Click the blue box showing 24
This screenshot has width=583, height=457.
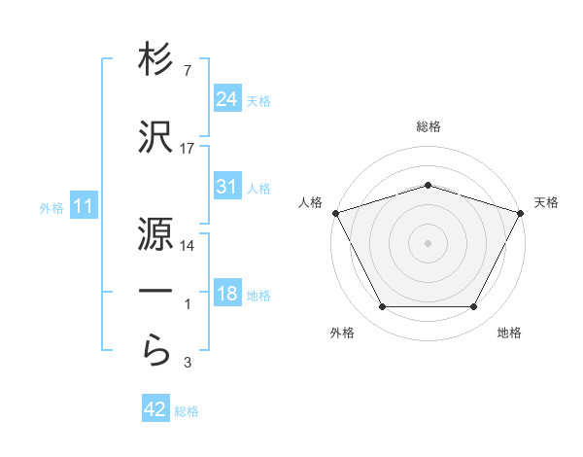(x=227, y=98)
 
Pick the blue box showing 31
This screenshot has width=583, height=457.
(x=227, y=187)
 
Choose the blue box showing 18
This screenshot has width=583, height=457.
(x=227, y=294)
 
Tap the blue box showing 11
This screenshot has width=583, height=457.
(x=84, y=206)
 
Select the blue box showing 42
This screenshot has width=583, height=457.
(x=155, y=409)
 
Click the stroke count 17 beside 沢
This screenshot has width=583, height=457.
(x=188, y=149)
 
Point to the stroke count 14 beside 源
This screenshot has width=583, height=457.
(x=188, y=246)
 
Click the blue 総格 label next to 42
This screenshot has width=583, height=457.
(x=187, y=411)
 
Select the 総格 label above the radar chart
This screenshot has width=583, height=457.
(x=428, y=126)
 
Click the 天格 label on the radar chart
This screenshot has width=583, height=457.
(x=546, y=202)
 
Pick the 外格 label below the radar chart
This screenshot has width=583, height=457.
(x=342, y=334)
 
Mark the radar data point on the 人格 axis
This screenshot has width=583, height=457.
(x=335, y=213)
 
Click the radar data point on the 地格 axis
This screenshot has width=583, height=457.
(x=473, y=306)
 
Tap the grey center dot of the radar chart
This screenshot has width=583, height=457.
(x=428, y=242)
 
